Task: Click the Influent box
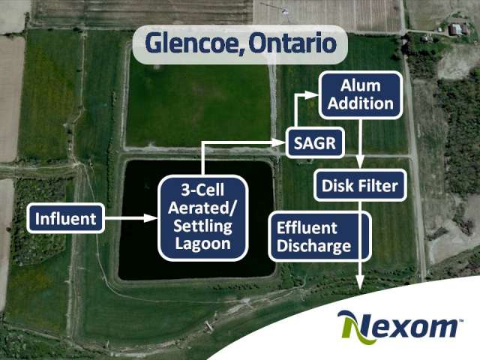point(65,218)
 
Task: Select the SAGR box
point(315,142)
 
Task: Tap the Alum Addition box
point(360,95)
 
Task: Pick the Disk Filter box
point(360,185)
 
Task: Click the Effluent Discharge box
point(320,237)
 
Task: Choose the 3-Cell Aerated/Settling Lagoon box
point(202,217)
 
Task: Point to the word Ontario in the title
point(292,43)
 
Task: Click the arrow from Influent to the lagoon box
point(131,218)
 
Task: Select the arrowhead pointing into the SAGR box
point(279,142)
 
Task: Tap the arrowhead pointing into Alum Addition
point(312,95)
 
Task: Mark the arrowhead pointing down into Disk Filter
point(360,163)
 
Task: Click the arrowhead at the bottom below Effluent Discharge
point(360,282)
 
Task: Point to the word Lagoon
point(202,244)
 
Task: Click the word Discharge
point(313,247)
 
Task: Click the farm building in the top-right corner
point(455,29)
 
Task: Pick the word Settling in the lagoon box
point(202,226)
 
